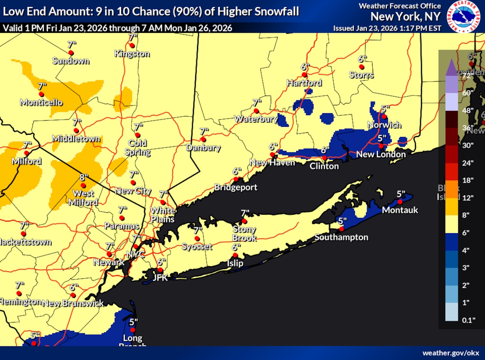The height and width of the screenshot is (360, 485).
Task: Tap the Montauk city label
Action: (400, 210)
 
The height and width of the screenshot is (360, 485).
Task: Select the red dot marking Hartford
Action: (304, 75)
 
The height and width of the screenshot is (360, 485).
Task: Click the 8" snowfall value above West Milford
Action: (84, 177)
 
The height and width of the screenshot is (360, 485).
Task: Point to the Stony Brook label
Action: (244, 234)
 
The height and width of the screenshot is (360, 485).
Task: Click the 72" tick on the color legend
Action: (466, 75)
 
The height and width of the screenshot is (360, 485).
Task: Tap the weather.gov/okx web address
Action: (451, 353)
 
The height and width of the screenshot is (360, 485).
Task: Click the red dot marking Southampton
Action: (341, 229)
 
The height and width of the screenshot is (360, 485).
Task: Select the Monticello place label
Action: (41, 102)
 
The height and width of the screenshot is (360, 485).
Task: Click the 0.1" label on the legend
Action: (469, 320)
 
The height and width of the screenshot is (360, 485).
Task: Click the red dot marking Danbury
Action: (203, 139)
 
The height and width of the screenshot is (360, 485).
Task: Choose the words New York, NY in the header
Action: (405, 17)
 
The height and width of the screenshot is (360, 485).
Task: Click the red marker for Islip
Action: (235, 255)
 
